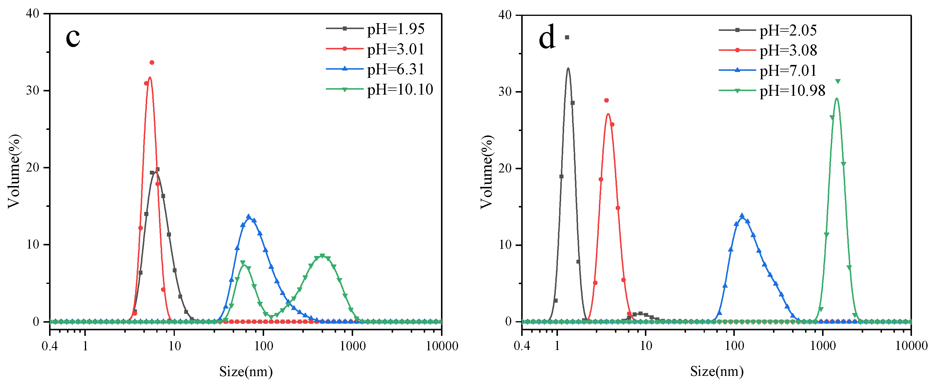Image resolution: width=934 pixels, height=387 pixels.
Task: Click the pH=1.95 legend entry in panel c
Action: tap(395, 29)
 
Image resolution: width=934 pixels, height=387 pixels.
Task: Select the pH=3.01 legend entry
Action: tap(395, 49)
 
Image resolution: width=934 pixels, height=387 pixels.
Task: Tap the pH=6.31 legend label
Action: tap(395, 69)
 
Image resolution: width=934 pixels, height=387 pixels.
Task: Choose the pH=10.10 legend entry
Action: tap(400, 89)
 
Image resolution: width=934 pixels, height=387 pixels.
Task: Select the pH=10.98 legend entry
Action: tap(792, 91)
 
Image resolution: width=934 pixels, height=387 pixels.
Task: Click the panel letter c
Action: tap(73, 37)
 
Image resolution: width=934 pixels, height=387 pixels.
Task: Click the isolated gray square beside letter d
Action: tap(567, 37)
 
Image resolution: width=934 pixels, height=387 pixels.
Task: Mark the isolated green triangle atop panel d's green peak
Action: tap(838, 81)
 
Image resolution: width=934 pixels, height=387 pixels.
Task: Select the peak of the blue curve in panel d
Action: tap(742, 216)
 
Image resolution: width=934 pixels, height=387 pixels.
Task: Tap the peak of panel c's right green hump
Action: tap(322, 256)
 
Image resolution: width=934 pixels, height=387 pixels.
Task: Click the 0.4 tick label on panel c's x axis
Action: tap(50, 346)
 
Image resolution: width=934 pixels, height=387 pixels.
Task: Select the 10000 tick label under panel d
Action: tap(911, 346)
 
